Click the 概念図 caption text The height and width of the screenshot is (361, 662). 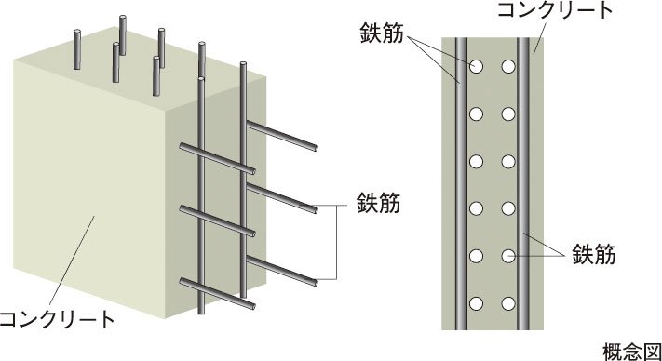tap(631, 352)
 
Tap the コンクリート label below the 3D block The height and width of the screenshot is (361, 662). tap(57, 319)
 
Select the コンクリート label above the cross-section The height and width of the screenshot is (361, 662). tap(556, 9)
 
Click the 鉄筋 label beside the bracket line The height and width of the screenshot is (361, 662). tap(378, 203)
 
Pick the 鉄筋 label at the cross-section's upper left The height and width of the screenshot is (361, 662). tap(382, 33)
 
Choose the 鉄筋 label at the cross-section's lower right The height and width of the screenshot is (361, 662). tap(594, 255)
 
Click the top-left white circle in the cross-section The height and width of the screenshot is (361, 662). tap(476, 66)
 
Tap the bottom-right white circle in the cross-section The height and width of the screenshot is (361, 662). tap(508, 303)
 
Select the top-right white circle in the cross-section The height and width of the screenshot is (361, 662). tap(508, 66)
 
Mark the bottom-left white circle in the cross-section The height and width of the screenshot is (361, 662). tap(476, 303)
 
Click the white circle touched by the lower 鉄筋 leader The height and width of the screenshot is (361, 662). tap(508, 256)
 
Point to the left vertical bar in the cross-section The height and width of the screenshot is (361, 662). tap(461, 183)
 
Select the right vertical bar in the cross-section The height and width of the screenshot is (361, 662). tap(523, 183)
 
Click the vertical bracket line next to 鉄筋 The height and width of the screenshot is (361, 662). tap(336, 243)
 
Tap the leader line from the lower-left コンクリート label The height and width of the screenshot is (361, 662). tap(72, 261)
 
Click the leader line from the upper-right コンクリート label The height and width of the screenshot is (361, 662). tap(540, 38)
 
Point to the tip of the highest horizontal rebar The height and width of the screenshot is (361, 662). tap(315, 148)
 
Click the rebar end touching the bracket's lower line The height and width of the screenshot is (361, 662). tap(315, 282)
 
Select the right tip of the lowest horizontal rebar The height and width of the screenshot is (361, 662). tap(252, 305)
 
